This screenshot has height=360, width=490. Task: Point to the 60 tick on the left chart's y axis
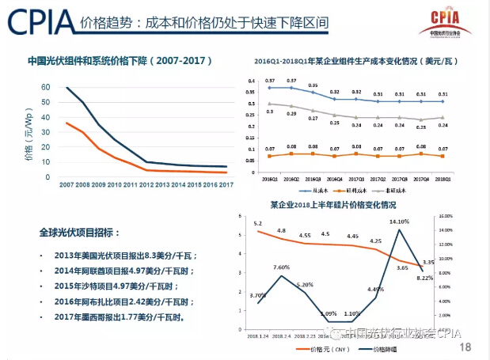click(46, 88)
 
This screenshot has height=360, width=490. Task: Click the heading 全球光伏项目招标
click(79, 233)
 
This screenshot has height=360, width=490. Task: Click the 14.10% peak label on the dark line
click(398, 222)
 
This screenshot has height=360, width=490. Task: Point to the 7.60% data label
click(281, 267)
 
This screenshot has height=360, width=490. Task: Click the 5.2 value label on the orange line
click(257, 224)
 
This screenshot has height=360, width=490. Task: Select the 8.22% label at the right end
click(425, 279)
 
